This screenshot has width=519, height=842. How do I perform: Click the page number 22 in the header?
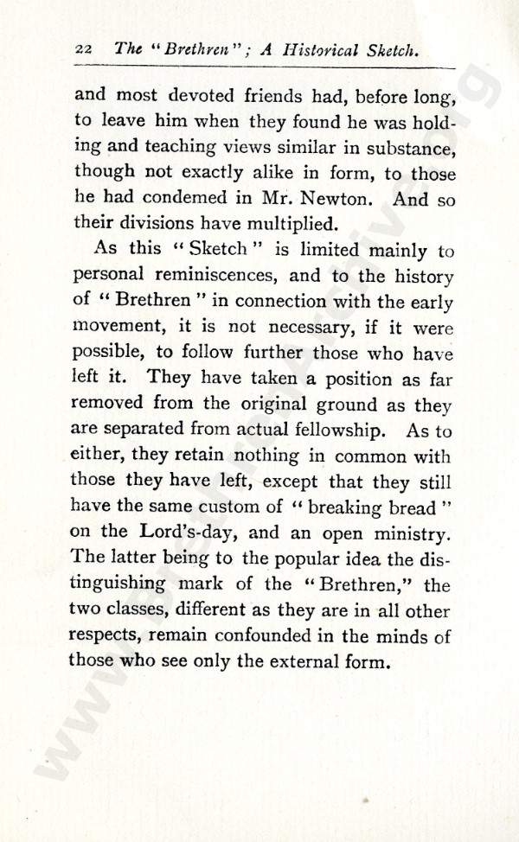[x=84, y=50]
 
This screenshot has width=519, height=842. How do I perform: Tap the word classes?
[x=142, y=610]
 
